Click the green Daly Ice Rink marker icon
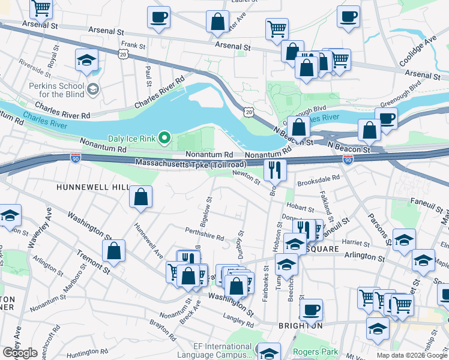tap(165, 139)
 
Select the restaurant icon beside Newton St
tap(275, 170)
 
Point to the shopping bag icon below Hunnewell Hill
tap(140, 197)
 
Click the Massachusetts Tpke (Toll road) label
tap(190, 163)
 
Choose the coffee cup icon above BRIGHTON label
tap(311, 310)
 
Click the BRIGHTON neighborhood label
tap(301, 326)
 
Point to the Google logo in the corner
tap(20, 353)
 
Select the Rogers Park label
tap(315, 352)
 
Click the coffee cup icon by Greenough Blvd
tap(387, 118)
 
